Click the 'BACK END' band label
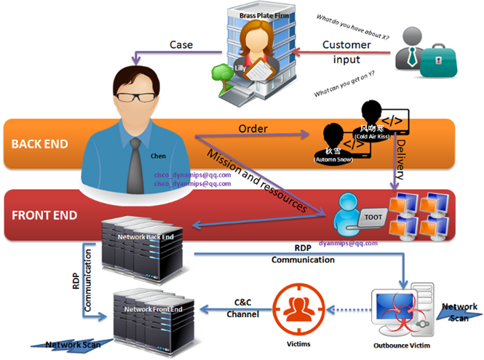[x=41, y=143]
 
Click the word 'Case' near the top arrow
[x=181, y=45]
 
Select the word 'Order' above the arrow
[x=253, y=129]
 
